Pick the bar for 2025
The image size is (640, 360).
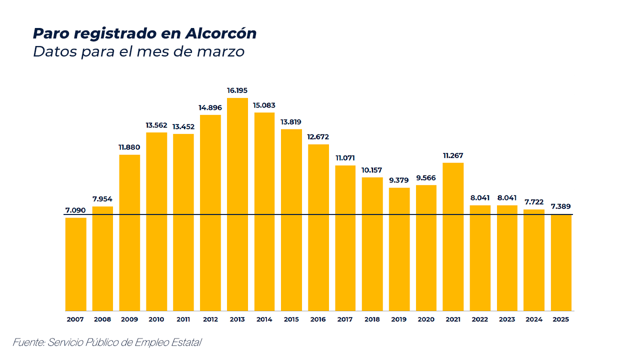pyautogui.click(x=561, y=262)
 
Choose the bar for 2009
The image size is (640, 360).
pyautogui.click(x=129, y=232)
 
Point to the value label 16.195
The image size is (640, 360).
pyautogui.click(x=237, y=90)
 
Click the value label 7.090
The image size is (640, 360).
pyautogui.click(x=75, y=210)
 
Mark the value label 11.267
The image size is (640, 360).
pyautogui.click(x=453, y=155)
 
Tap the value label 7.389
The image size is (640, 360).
pyautogui.click(x=561, y=206)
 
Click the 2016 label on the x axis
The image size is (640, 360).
pyautogui.click(x=318, y=319)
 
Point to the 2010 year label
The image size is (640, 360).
pyautogui.click(x=156, y=319)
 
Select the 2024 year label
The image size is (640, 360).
pyautogui.click(x=534, y=319)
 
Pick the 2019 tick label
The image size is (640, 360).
pyautogui.click(x=399, y=319)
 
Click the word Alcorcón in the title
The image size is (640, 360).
pyautogui.click(x=220, y=33)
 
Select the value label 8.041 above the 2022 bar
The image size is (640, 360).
pyautogui.click(x=480, y=198)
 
